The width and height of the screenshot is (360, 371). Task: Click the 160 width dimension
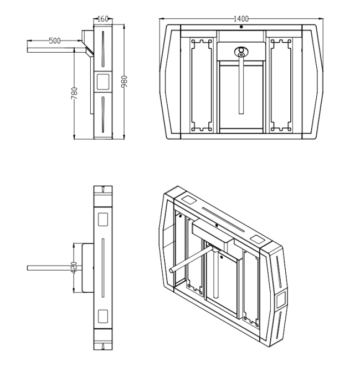(103, 19)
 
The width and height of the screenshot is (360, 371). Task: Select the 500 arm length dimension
(54, 40)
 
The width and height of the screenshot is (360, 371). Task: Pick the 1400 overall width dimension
(241, 19)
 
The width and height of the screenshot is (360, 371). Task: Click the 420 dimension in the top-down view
(75, 268)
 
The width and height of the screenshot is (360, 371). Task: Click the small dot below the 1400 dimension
(241, 27)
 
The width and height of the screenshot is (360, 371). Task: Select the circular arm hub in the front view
(241, 52)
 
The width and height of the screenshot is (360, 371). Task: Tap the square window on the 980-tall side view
(103, 82)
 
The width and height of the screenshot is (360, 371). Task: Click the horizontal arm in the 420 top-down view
(53, 268)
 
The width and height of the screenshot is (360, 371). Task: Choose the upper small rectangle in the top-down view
(102, 217)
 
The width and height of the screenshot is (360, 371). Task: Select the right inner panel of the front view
(282, 86)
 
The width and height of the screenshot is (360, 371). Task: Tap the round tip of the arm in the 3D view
(172, 271)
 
